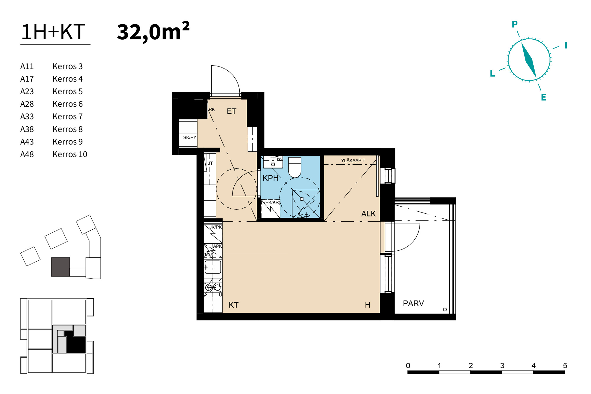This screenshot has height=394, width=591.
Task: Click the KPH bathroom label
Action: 270,178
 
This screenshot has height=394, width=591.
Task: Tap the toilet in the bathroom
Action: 295,167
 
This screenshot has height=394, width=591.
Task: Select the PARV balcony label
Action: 413,303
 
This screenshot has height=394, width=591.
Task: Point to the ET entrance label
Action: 232,111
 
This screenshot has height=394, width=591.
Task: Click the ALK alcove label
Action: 368,214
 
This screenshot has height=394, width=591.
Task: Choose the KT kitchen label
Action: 233,305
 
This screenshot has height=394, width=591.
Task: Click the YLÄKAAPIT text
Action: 353,160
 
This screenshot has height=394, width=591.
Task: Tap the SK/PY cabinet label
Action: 190,137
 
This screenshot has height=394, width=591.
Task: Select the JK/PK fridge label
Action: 215,227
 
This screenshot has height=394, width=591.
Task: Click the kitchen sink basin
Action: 213,267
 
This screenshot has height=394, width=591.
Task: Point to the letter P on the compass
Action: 514,24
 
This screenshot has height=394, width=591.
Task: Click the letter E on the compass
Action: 543,97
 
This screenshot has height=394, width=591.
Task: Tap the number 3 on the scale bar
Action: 502,366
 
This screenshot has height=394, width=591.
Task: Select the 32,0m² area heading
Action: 153,31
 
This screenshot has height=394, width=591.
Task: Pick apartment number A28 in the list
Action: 27,104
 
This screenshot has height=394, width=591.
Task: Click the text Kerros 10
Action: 70,154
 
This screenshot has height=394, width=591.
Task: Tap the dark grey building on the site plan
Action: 61,267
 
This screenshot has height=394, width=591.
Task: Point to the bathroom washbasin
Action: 273,162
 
